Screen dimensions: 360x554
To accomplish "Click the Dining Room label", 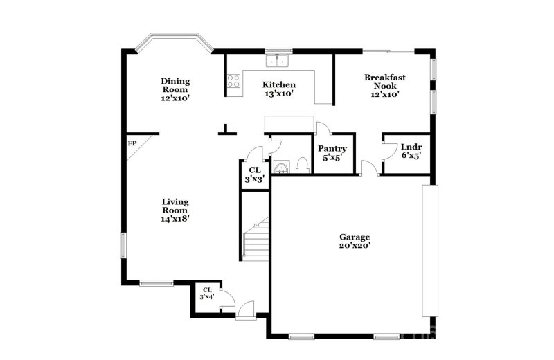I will pyautogui.click(x=176, y=89).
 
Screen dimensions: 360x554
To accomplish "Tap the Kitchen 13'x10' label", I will pyautogui.click(x=278, y=89).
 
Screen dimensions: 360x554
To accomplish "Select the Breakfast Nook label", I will pyautogui.click(x=385, y=85).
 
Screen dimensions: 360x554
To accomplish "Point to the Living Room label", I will pyautogui.click(x=175, y=210).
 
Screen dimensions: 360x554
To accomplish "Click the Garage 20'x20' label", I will pyautogui.click(x=354, y=241).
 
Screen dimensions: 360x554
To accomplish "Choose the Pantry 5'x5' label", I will pyautogui.click(x=332, y=153).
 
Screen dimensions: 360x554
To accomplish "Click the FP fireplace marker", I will pyautogui.click(x=132, y=144).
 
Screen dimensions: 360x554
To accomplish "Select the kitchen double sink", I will pyautogui.click(x=279, y=61).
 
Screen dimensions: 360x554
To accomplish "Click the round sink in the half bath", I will pyautogui.click(x=282, y=167).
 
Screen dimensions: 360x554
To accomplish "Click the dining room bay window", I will pyautogui.click(x=172, y=43).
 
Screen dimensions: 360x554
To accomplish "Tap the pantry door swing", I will pyautogui.click(x=323, y=129).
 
